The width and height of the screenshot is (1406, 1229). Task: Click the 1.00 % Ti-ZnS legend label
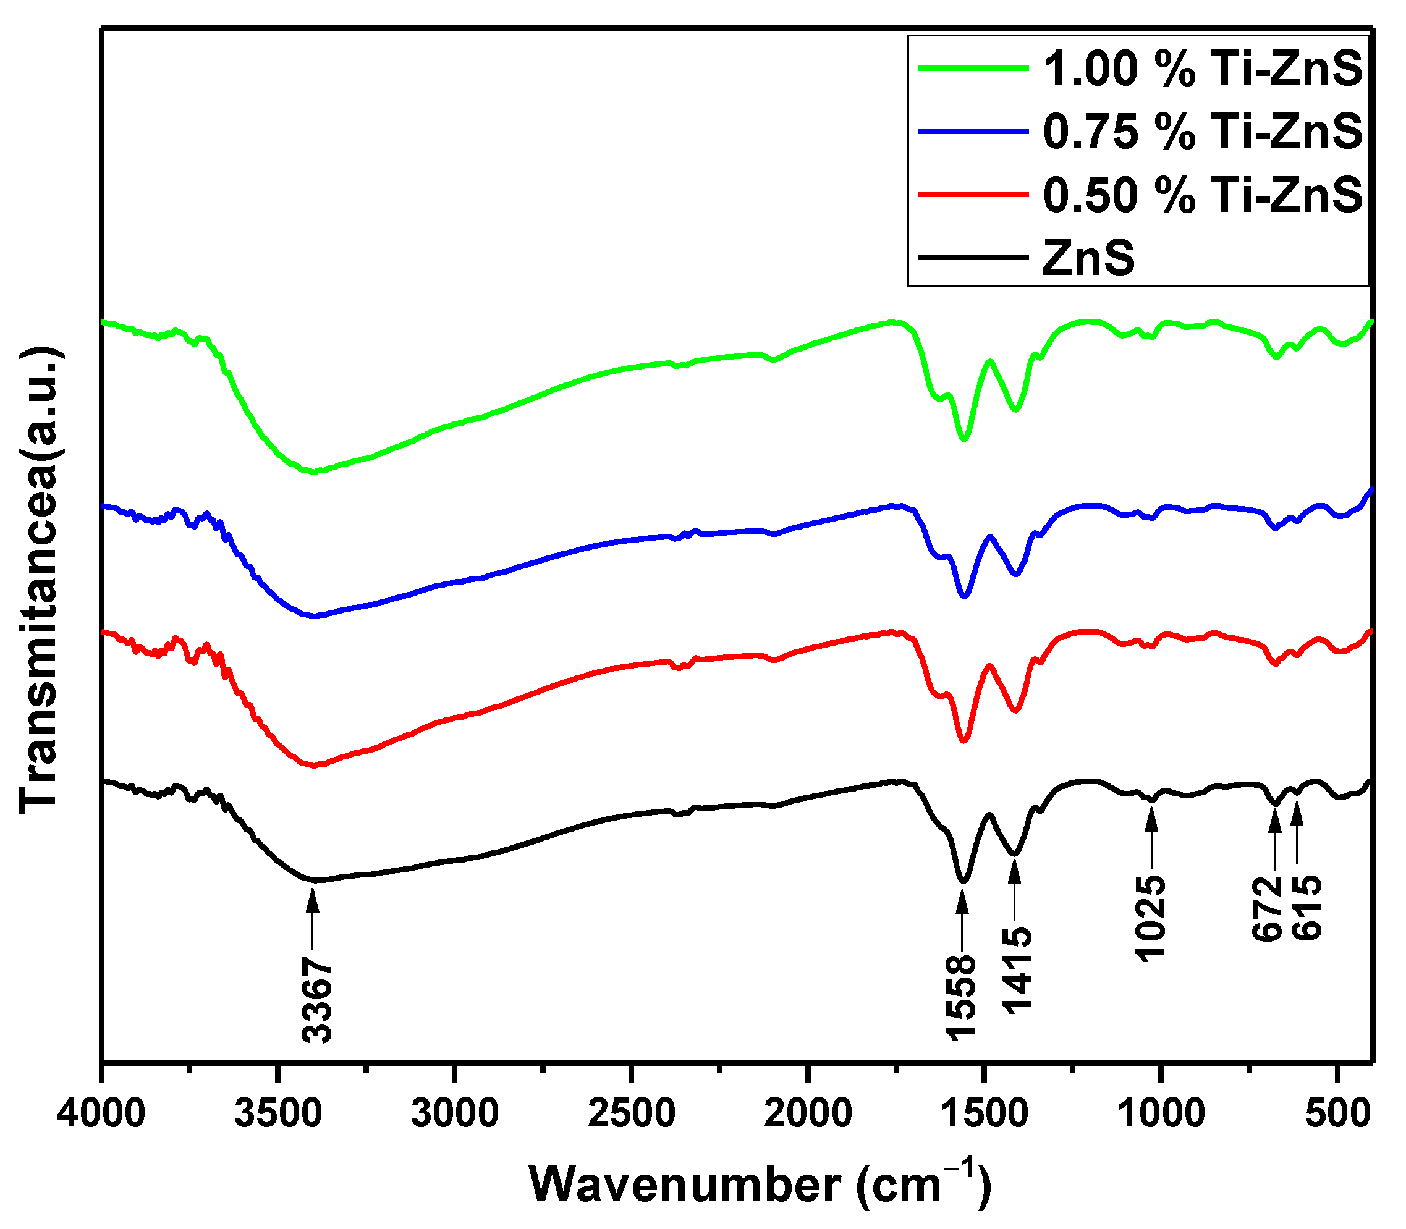1203,69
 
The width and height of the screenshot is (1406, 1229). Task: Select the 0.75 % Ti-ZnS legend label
1203,132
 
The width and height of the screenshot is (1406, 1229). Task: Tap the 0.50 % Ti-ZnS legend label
1203,195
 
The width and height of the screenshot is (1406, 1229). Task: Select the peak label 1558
961,997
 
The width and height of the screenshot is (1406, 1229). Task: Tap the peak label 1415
1017,969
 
